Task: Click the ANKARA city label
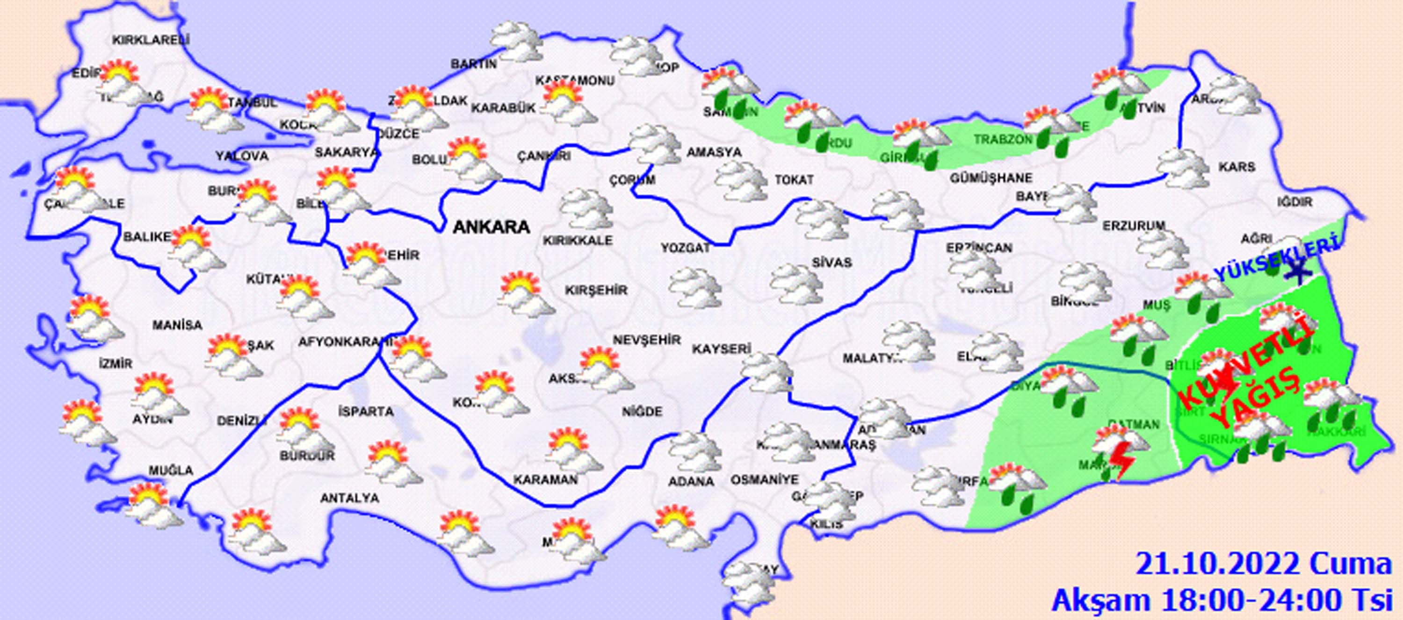[x=491, y=227]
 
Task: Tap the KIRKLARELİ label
[x=151, y=40]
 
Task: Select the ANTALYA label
[x=349, y=498]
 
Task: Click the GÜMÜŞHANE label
[x=991, y=178]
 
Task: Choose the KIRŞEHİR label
[x=596, y=290]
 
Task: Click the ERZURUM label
[x=1135, y=225]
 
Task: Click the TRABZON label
[x=1003, y=140]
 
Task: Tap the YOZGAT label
[x=685, y=248]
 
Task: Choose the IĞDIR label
[x=1295, y=202]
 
